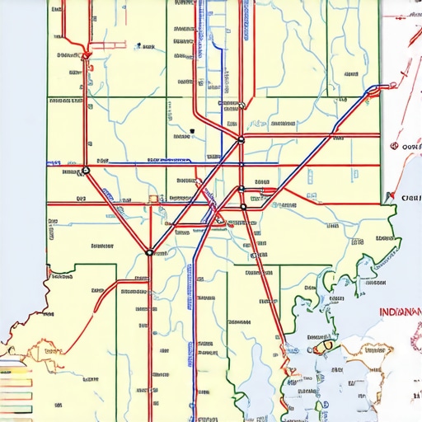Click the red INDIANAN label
click(400, 312)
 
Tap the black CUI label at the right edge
click(410, 198)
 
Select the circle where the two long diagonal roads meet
click(149, 252)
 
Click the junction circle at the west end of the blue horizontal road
click(85, 171)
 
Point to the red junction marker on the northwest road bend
click(85, 54)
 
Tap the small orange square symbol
click(152, 199)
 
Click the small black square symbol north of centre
click(191, 130)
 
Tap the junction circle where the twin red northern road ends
click(241, 140)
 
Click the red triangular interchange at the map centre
click(218, 218)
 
